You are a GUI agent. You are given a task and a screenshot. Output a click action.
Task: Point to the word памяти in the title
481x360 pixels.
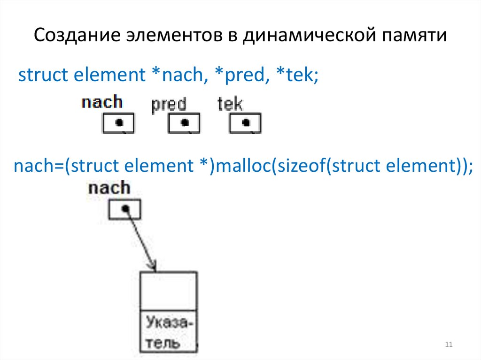point(414,37)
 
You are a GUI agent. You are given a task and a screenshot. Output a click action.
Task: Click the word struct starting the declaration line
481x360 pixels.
point(38,75)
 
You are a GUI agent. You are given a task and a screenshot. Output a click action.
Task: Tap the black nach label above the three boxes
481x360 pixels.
point(101,102)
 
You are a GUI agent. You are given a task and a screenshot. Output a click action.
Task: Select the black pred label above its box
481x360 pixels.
point(169,104)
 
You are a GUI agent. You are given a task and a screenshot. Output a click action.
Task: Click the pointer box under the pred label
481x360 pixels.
point(184,123)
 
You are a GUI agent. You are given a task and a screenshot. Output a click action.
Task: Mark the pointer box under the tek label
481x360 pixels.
point(245,123)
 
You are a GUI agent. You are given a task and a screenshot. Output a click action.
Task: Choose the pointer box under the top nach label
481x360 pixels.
point(118,123)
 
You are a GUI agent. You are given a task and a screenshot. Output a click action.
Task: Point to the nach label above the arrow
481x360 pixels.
point(109,188)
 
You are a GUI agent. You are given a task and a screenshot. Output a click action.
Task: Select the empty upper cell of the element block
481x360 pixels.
point(169,291)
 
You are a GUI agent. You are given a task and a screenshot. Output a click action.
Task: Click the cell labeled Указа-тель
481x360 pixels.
point(169,332)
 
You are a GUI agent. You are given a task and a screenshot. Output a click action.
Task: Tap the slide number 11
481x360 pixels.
point(448,345)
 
